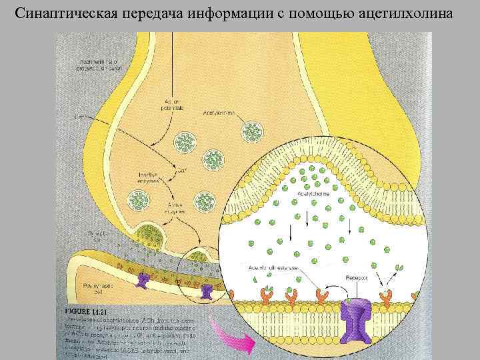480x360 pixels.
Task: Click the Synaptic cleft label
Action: click(98, 237)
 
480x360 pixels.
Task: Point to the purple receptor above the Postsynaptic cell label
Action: click(142, 279)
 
